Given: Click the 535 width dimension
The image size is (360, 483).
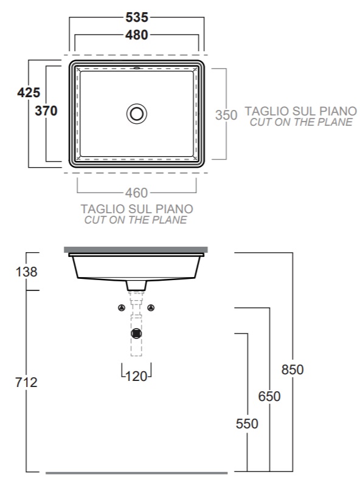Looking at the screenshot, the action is coord(137,17).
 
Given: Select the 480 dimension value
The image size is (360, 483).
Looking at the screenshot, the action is coord(137,35).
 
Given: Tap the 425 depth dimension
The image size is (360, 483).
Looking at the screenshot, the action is coord(29,92).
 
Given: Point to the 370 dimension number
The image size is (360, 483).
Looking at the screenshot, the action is coord(46,111).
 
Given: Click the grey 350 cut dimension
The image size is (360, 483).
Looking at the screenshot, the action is coord(226,115).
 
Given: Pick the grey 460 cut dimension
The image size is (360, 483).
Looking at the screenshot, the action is coord(137,193).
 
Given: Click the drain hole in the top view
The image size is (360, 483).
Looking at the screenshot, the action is coord(137,114).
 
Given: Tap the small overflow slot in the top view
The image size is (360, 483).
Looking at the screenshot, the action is coord(137,68).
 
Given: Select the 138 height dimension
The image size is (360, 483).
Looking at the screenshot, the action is coord(27,272).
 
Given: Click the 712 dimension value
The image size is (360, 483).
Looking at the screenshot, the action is coord(27,382).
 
